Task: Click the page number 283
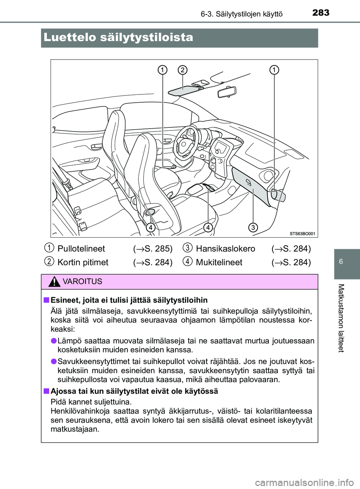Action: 321,13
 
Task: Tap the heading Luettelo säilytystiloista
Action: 118,37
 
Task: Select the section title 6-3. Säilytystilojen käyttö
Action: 241,14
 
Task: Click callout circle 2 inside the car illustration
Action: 182,70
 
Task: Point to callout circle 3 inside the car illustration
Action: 253,227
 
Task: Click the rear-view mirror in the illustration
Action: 227,91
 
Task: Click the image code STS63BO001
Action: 302,233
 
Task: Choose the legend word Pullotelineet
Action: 81,249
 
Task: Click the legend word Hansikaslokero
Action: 225,249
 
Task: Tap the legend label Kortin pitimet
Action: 83,262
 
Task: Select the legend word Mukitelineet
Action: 219,262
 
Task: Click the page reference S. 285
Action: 153,249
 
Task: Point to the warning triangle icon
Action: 54,282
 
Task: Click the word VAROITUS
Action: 82,282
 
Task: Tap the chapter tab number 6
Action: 341,262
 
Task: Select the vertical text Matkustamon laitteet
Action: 341,318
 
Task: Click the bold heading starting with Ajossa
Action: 134,391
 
